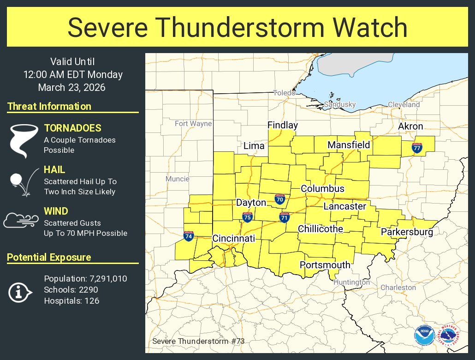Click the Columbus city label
322,189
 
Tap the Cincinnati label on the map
233,239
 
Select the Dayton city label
251,203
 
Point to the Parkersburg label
407,232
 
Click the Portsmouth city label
325,265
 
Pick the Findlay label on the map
283,125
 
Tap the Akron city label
410,126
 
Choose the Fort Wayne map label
193,123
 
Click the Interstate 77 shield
417,148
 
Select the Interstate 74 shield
188,236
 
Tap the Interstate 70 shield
279,199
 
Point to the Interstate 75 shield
248,217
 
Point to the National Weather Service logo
450,335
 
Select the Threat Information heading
49,107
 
